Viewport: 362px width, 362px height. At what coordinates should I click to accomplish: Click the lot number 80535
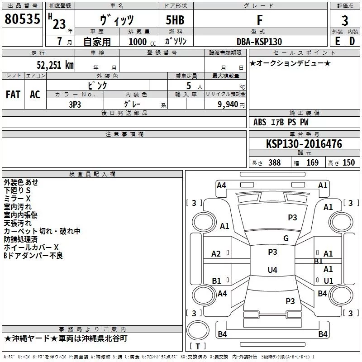[22, 19]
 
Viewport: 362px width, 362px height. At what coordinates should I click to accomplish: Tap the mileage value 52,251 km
[55, 65]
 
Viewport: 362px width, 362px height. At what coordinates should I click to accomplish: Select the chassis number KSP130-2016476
[304, 144]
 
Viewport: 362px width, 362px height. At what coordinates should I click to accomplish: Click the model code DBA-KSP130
[259, 42]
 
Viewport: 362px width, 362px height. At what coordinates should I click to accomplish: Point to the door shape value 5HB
[175, 20]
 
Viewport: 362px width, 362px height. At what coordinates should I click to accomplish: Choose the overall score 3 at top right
[345, 21]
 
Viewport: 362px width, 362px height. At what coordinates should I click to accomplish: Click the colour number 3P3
[75, 105]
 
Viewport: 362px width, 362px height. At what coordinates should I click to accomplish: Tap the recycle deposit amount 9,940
[228, 104]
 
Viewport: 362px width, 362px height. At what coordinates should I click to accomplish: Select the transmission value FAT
[13, 95]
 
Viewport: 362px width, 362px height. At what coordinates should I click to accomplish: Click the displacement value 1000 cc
[142, 42]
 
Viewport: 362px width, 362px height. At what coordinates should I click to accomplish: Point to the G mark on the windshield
[286, 238]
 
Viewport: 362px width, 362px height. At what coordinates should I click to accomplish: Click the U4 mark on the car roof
[272, 270]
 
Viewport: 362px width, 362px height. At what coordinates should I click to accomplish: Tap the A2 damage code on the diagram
[216, 254]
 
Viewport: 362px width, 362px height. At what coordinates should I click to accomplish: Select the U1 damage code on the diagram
[329, 281]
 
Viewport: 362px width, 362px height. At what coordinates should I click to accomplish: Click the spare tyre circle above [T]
[198, 330]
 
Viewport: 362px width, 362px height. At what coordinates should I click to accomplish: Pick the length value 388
[274, 162]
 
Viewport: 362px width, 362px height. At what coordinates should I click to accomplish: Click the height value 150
[348, 162]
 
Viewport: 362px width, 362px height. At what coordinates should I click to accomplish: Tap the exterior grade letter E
[337, 41]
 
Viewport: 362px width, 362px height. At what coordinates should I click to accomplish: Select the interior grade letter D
[352, 41]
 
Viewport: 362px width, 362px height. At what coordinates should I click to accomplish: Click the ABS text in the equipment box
[260, 122]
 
